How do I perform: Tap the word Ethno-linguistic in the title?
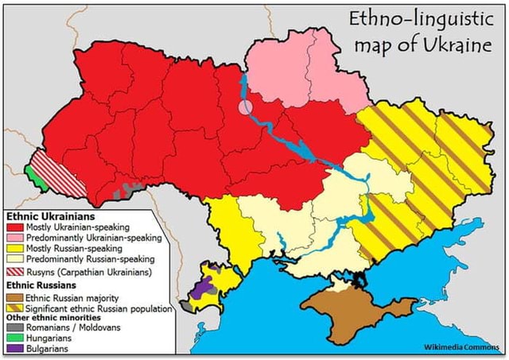419,17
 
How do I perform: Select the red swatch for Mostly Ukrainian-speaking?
14,227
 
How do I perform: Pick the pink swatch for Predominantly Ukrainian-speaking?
14,238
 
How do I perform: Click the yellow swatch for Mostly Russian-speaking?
14,248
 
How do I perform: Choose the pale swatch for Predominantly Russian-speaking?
14,258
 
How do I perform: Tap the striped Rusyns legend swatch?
14,272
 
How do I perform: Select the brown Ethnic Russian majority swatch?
14,298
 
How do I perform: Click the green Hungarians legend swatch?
14,338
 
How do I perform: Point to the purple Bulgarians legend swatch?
14,348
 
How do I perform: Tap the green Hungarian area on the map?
31,172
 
